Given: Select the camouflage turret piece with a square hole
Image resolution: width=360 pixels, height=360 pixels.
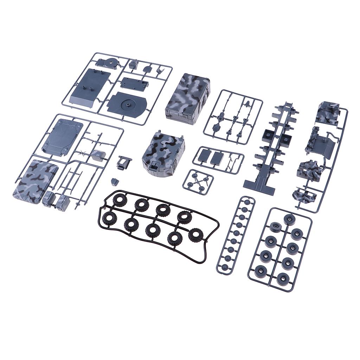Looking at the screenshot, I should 163,153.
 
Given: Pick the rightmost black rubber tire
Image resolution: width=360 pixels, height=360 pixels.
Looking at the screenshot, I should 195,235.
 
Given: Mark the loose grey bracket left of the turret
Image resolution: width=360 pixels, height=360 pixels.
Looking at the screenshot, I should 124,162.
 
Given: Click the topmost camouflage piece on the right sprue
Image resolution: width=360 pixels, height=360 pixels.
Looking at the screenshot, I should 327,112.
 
